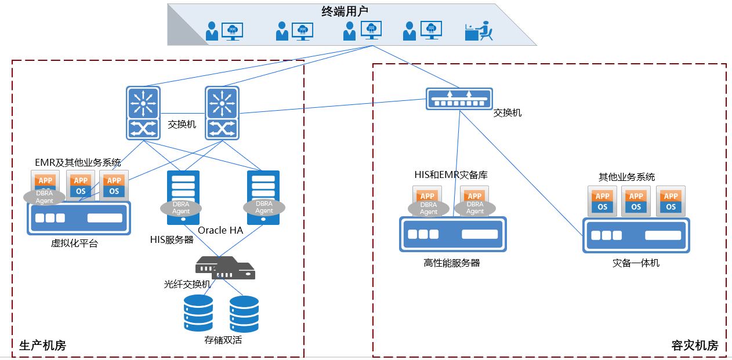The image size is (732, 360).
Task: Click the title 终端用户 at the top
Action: click(345, 11)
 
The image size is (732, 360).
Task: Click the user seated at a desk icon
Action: click(479, 31)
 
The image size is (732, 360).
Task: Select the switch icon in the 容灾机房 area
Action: click(459, 99)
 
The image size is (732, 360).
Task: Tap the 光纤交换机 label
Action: click(187, 284)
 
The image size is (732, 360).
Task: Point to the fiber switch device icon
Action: click(225, 268)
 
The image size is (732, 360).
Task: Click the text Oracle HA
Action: click(220, 230)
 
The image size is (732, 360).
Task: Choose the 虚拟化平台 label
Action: click(75, 243)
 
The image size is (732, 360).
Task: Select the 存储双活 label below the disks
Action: click(223, 340)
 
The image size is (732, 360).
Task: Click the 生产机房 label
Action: click(43, 346)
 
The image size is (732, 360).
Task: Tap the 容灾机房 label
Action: click(695, 346)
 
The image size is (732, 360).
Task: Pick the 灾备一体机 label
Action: click(636, 263)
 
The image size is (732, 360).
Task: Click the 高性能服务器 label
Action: click(452, 263)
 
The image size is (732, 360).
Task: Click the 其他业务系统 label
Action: click(627, 177)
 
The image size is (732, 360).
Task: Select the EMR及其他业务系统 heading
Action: click(78, 162)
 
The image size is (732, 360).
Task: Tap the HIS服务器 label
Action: click(172, 239)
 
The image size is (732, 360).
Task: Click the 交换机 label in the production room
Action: click(182, 124)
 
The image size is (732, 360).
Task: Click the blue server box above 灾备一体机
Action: click(636, 235)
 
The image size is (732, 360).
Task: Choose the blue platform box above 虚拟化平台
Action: click(79, 218)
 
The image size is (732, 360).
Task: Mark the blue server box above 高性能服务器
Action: click(452, 234)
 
